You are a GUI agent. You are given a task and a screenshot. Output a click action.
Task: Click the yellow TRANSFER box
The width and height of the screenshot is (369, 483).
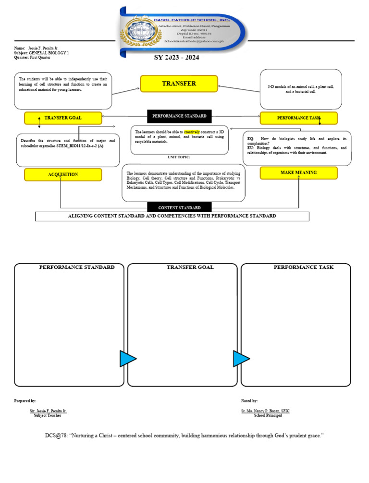(179, 84)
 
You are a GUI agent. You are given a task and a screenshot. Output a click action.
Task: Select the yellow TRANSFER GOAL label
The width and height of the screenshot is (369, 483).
(63, 118)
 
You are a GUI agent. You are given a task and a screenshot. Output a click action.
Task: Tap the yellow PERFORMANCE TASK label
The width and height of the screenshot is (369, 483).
(298, 118)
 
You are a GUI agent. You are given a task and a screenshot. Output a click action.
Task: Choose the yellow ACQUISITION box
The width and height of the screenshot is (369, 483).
(63, 175)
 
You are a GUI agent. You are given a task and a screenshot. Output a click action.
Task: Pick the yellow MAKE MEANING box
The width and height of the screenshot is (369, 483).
(298, 173)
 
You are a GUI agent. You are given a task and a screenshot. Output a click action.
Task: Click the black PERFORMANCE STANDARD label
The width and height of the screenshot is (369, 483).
(179, 116)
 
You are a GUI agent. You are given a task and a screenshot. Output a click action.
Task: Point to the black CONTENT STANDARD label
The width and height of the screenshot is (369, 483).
(179, 208)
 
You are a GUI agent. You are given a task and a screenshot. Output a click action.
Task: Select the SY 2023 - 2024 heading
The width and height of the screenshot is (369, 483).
(176, 58)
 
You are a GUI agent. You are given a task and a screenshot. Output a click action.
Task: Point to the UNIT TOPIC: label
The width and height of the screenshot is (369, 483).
(179, 157)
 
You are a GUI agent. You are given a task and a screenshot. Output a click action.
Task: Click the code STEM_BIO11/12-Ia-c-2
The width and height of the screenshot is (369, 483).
(76, 145)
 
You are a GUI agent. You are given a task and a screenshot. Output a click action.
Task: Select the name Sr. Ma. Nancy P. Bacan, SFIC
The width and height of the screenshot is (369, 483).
(265, 411)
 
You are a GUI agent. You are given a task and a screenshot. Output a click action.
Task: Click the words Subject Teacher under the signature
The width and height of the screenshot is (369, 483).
(48, 415)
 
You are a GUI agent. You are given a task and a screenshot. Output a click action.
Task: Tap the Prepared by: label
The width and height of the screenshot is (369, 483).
(25, 400)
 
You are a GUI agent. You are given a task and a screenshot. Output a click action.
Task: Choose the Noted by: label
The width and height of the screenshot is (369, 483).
(249, 400)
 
